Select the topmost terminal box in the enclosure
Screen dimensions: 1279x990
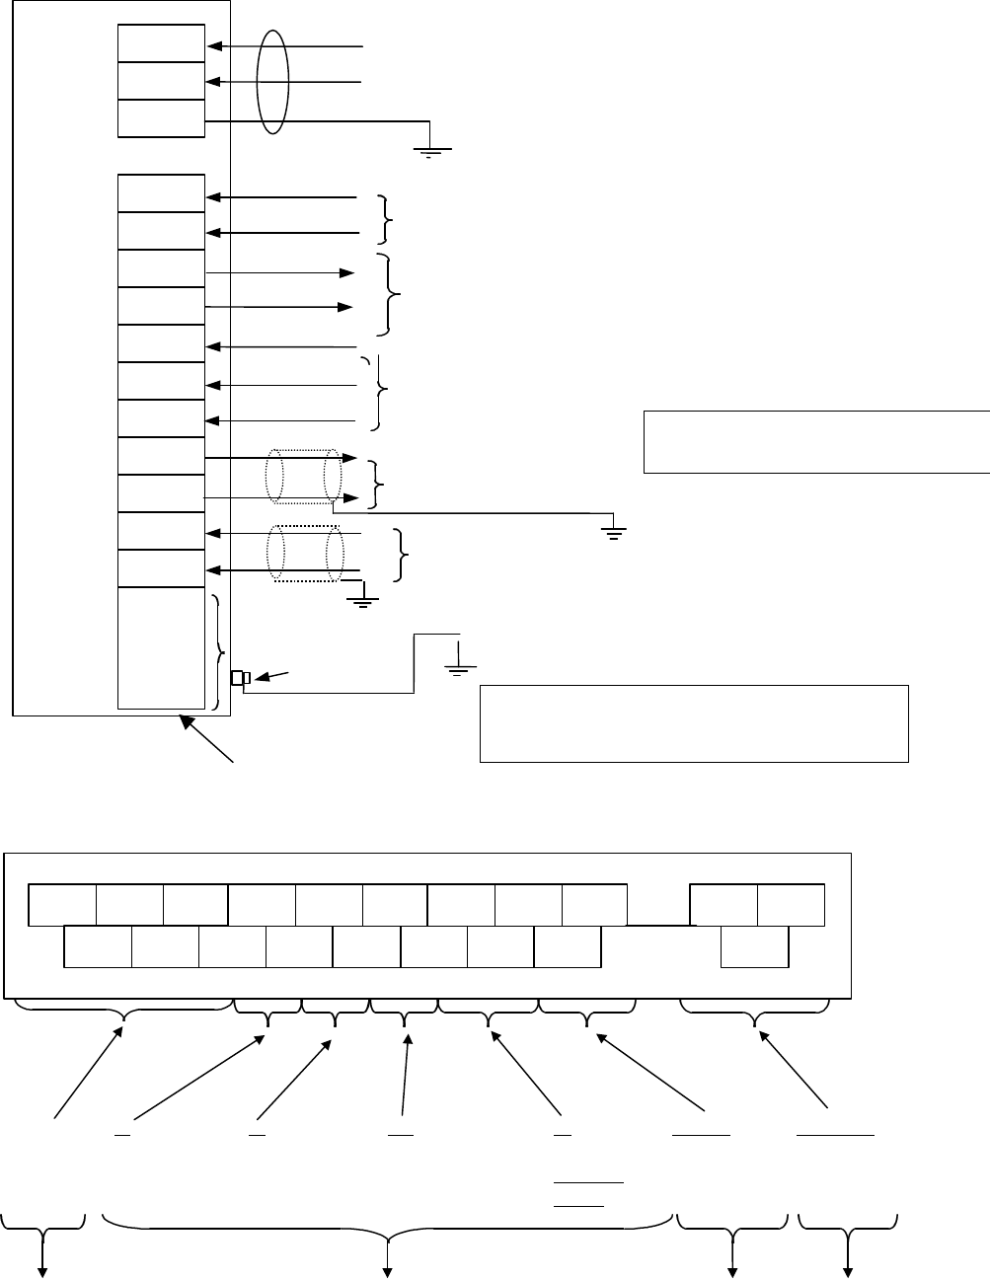[x=161, y=43]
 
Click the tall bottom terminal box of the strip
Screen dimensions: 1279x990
[x=161, y=647]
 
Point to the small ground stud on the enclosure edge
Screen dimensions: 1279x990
[x=240, y=677]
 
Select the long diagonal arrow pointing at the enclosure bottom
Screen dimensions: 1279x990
[x=207, y=740]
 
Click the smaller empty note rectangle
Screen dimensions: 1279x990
[x=815, y=440]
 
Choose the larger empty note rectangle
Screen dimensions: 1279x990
[x=693, y=722]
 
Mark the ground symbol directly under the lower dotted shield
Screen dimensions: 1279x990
[x=363, y=596]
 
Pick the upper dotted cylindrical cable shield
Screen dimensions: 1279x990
[x=303, y=477]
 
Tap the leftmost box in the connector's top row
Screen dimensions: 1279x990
[x=63, y=906]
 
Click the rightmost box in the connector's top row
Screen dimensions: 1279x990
[x=791, y=906]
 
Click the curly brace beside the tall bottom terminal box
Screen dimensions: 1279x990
[x=218, y=651]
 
